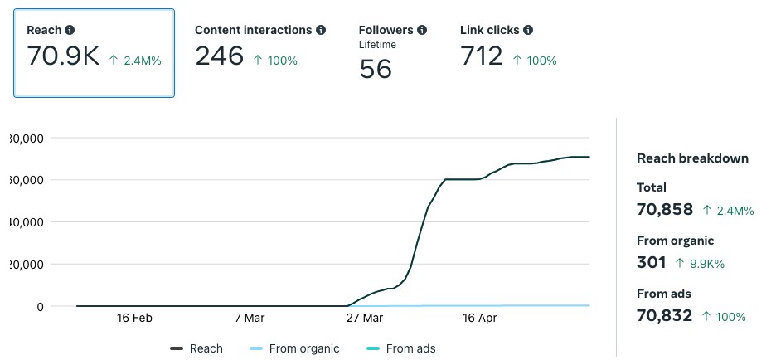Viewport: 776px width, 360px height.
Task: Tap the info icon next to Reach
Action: (70, 30)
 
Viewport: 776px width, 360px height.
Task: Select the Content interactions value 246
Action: (219, 56)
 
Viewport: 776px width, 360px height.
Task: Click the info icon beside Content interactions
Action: (320, 30)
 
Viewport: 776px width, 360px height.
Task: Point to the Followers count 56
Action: (376, 69)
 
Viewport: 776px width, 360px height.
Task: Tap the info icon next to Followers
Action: (422, 30)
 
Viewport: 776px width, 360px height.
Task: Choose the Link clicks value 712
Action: (482, 56)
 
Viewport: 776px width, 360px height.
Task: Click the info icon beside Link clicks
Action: (528, 30)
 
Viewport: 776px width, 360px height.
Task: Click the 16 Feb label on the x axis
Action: (134, 319)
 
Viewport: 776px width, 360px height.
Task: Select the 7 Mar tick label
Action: (249, 319)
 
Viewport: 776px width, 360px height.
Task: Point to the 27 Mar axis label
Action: (365, 319)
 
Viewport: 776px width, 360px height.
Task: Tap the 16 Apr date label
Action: (479, 319)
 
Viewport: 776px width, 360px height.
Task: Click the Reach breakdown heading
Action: (692, 158)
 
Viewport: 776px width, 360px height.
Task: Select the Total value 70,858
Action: (664, 210)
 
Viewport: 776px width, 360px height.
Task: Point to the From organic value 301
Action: (651, 263)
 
